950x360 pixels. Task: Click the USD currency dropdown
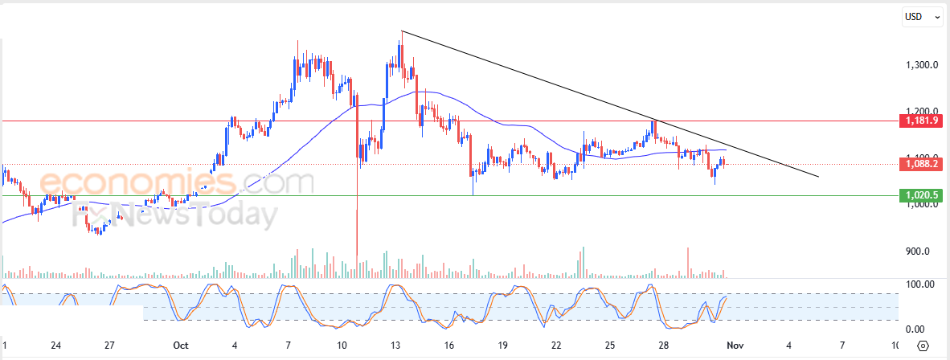tap(921, 16)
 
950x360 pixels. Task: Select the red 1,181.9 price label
tap(921, 121)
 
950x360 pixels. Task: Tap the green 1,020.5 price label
tap(921, 195)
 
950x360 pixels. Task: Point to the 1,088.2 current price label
tap(921, 164)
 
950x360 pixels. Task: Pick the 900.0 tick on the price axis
tap(918, 252)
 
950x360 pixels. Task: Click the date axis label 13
tap(395, 346)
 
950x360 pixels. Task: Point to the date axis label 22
tap(556, 346)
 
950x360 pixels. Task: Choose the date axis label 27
tap(109, 346)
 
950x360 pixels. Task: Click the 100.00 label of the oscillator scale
tap(919, 284)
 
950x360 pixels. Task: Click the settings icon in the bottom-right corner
tap(923, 346)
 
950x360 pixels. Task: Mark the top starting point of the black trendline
tap(402, 31)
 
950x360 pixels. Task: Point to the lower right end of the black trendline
tap(818, 176)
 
